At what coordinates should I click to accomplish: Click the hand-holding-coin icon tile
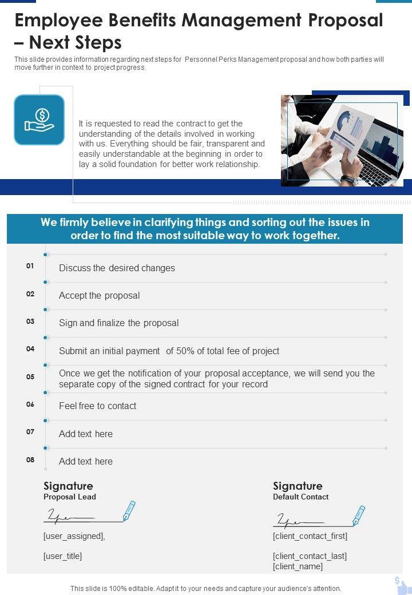coord(39,120)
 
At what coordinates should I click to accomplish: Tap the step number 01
coord(30,266)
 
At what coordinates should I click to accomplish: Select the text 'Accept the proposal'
coord(100,296)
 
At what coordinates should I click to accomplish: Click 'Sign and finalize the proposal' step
coord(119,323)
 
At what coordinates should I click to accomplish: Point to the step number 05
coord(30,377)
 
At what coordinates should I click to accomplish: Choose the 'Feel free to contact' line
coord(98,406)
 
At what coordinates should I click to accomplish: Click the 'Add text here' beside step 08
coord(86,462)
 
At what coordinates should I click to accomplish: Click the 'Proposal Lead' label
coord(70,497)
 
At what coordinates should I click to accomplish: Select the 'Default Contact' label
coord(301,497)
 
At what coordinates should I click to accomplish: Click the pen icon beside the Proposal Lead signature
coord(129,510)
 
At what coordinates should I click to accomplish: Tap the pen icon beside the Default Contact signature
coord(358,515)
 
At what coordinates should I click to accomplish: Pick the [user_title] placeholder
coord(63,556)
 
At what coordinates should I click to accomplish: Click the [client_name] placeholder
coord(298,566)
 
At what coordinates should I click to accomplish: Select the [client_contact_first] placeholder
coord(310,537)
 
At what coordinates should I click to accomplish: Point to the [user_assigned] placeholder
coord(74,537)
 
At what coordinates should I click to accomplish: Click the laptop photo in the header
coord(342,141)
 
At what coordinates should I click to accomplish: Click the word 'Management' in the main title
coord(240,21)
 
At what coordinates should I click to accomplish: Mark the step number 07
coord(30,432)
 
